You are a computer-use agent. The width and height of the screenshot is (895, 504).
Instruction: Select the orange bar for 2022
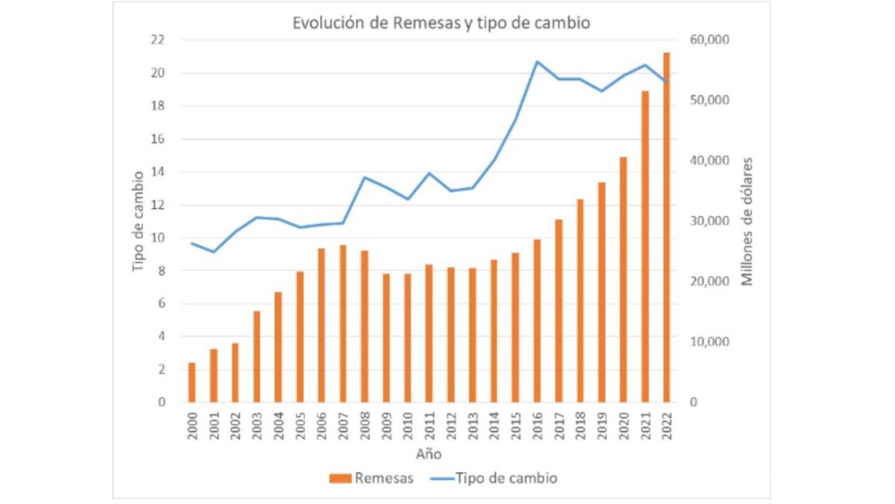tap(666, 228)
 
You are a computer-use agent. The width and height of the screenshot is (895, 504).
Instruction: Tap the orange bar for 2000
tap(192, 382)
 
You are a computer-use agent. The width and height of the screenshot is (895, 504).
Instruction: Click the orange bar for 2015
tap(515, 328)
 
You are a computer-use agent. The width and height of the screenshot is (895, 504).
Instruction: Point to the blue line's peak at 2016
tap(537, 61)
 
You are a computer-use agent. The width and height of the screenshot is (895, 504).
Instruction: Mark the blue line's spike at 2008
tap(364, 177)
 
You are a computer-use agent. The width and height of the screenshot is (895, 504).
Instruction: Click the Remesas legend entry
tap(370, 479)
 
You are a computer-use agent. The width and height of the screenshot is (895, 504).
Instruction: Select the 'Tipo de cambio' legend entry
tap(493, 479)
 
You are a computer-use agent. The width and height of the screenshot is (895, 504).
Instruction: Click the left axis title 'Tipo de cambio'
tap(137, 220)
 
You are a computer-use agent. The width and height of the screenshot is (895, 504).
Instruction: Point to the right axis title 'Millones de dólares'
tap(747, 220)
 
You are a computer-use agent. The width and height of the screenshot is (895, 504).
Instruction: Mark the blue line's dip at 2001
tap(213, 252)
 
